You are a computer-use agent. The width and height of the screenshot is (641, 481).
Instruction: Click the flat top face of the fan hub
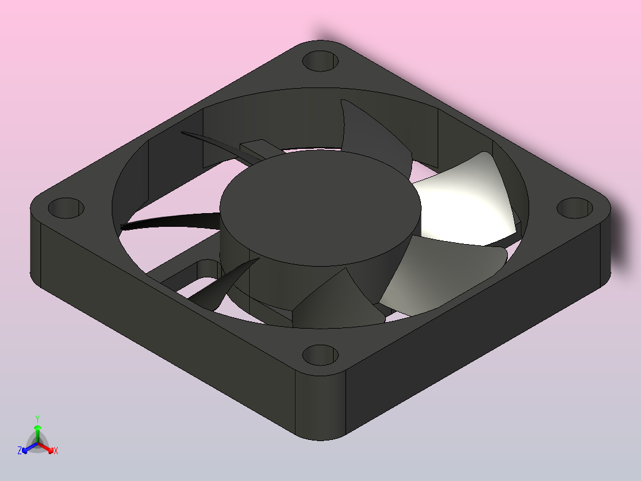pos(320,208)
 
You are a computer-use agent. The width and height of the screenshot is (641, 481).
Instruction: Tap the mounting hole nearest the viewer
pos(320,355)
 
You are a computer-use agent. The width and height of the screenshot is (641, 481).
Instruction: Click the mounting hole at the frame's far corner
pos(320,61)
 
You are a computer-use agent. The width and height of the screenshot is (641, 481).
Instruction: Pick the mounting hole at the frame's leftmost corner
pos(66,208)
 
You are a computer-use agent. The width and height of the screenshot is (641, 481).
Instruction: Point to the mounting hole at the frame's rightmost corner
pos(575,208)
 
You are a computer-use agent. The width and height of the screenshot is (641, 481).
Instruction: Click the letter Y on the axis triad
pos(37,418)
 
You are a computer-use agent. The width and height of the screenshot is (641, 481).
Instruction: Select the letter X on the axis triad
pos(56,451)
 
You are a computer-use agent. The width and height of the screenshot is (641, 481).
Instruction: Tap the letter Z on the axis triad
pos(20,451)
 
